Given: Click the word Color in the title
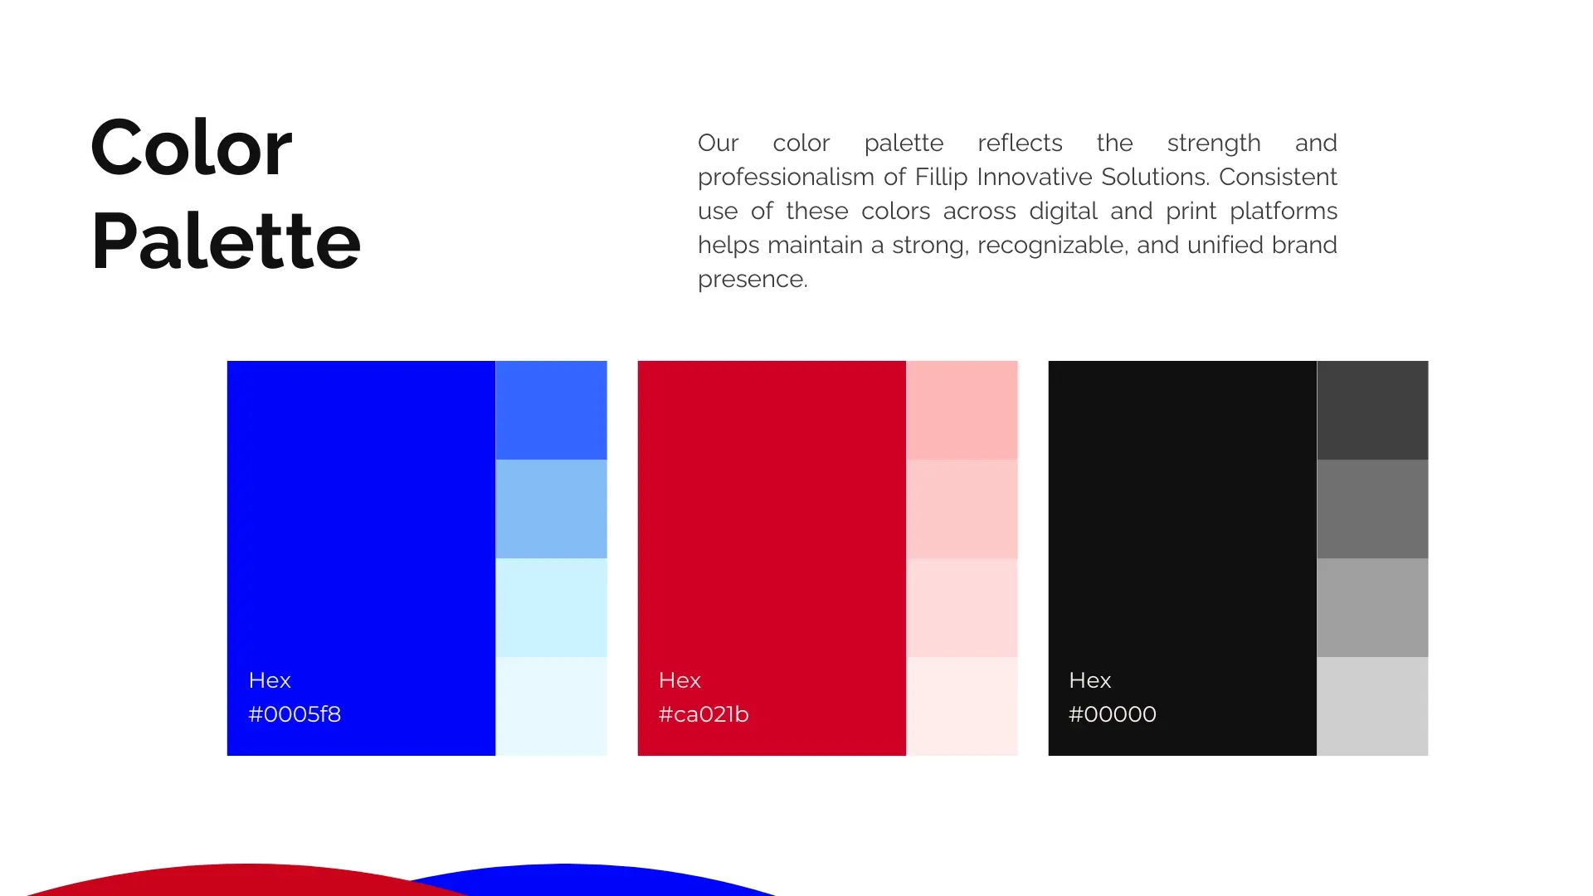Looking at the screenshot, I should coord(191,149).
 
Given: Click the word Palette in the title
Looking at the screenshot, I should coord(226,241).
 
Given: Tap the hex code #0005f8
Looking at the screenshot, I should coord(295,714).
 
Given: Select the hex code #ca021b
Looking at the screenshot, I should coord(704,714).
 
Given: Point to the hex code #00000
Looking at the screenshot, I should coord(1112,714).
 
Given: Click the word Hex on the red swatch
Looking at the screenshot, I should coord(680,680).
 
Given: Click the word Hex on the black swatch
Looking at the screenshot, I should coord(1089,680).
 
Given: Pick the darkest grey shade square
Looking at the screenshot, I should coord(1372,410).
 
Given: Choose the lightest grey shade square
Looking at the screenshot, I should coord(1372,706).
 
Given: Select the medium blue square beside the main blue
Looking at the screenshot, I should coord(551,410).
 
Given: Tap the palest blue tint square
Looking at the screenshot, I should coord(551,706).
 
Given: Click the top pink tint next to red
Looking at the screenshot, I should coord(962,410).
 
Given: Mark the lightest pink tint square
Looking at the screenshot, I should coord(962,706).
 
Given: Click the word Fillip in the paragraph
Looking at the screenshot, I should coord(942,178).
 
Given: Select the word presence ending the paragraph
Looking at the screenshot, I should coord(752,280).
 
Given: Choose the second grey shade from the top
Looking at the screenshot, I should coord(1372,509).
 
